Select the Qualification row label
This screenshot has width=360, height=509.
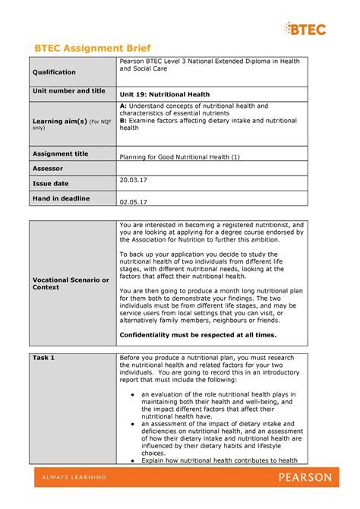point(54,72)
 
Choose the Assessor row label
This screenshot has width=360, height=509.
point(47,169)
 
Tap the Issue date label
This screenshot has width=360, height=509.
point(52,184)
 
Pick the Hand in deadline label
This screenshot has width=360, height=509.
point(60,198)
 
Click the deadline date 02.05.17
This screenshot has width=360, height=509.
point(134,202)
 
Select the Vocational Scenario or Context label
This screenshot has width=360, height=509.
point(71,283)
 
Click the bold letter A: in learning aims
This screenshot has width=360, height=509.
point(125,106)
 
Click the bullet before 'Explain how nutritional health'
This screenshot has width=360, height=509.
point(132,460)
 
